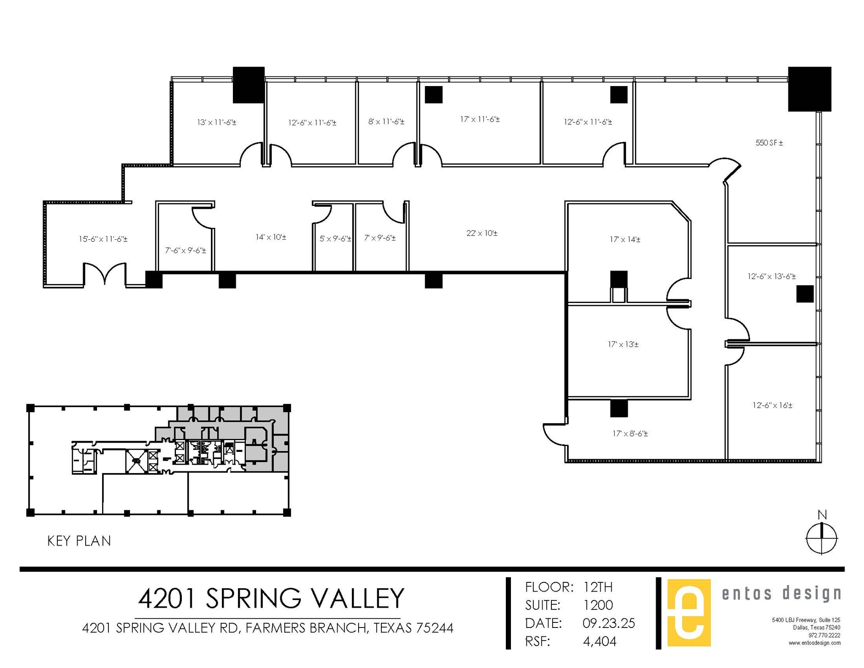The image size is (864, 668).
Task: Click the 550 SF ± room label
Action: pos(769,143)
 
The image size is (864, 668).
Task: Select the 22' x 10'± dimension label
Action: pos(482,233)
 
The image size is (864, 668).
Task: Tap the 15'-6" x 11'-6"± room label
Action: pos(103,239)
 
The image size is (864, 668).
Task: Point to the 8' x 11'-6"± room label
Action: pos(386,122)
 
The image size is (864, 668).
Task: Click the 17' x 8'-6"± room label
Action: pos(630,433)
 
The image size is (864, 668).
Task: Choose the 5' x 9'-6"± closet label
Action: pos(335,239)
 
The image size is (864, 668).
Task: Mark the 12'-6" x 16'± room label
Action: pos(772,405)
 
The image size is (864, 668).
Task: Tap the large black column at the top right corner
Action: pos(809,89)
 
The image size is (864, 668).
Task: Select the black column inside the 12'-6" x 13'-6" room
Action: pos(805,294)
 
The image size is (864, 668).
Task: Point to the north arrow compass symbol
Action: pos(821,538)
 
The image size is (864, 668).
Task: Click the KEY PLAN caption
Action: pos(79,541)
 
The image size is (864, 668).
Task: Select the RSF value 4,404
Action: pos(599,641)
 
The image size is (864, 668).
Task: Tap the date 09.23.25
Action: pos(608,623)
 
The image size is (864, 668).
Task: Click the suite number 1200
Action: pos(598,605)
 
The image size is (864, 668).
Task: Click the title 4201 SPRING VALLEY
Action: pos(271,598)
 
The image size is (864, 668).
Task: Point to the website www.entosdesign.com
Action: pos(814,643)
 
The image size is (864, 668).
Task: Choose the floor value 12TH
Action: pos(598,587)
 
